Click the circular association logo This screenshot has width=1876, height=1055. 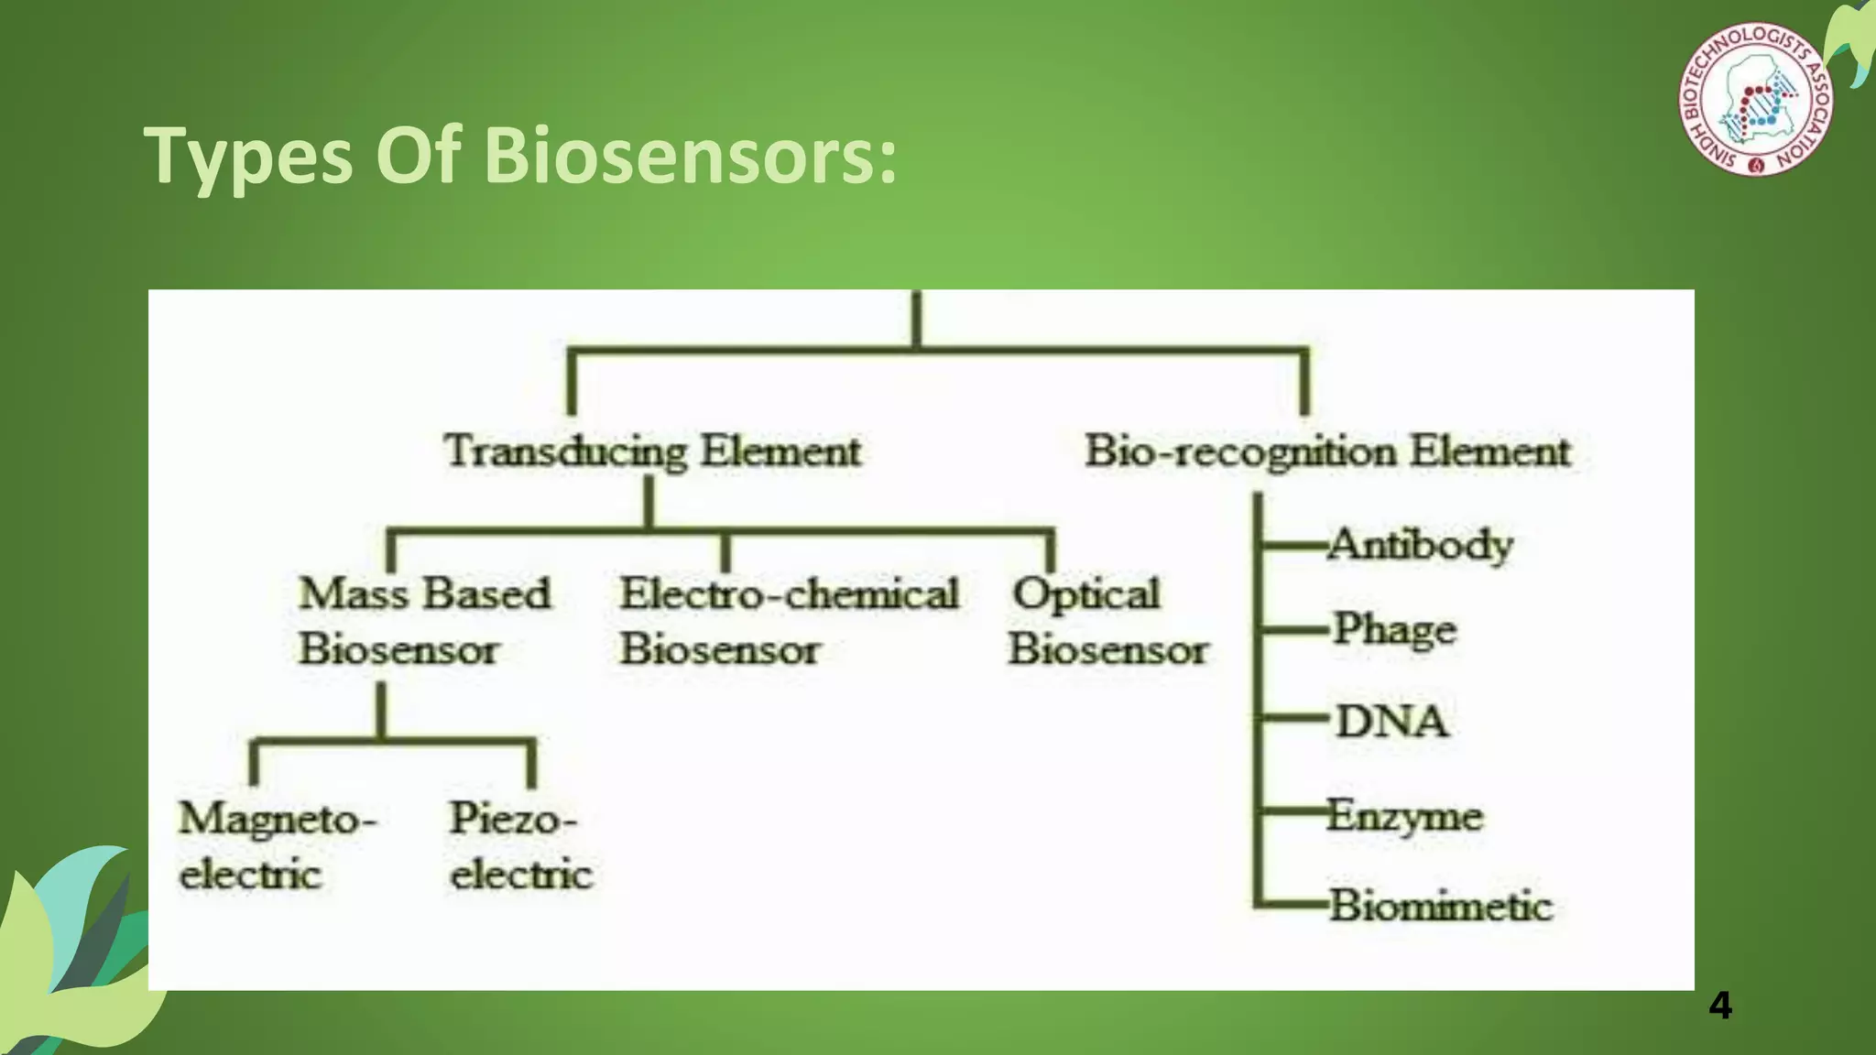[x=1756, y=99]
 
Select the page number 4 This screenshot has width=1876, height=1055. [x=1720, y=1006]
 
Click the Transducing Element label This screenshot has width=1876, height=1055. [x=652, y=451]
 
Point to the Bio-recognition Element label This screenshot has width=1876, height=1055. [x=1327, y=451]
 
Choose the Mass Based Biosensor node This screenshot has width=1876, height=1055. [x=424, y=621]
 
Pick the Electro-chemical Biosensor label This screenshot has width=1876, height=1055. [x=788, y=621]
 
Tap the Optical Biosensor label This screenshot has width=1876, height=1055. [x=1107, y=621]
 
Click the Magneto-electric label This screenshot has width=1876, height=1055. [x=276, y=845]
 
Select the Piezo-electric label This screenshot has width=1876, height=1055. [x=520, y=845]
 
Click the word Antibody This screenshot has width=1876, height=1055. [x=1420, y=545]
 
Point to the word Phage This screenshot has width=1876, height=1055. [x=1394, y=630]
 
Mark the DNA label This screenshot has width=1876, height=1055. [x=1391, y=722]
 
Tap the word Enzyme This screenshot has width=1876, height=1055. [x=1405, y=815]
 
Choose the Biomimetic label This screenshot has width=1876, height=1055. [x=1440, y=906]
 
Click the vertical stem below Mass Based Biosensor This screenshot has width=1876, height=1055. [x=381, y=710]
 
